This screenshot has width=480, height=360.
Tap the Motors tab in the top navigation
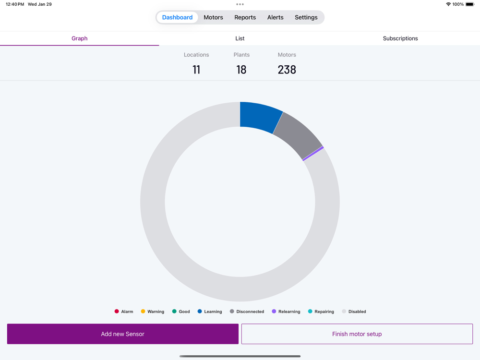[x=213, y=17]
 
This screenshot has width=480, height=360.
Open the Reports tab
[x=245, y=17]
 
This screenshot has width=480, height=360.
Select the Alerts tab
[x=275, y=17]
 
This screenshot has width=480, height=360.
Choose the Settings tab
[x=306, y=17]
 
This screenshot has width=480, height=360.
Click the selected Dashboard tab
[x=177, y=17]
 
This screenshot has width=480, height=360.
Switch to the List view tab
[x=240, y=38]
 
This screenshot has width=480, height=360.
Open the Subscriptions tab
[x=400, y=38]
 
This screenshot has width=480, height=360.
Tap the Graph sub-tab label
[x=79, y=38]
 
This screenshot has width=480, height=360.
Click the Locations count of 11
[x=196, y=70]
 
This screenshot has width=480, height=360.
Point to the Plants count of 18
[x=241, y=70]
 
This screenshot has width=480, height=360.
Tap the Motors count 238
[x=287, y=70]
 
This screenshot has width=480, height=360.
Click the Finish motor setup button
[x=357, y=334]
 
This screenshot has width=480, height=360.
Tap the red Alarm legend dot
[x=117, y=312]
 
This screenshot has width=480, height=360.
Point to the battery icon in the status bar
[x=469, y=4]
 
